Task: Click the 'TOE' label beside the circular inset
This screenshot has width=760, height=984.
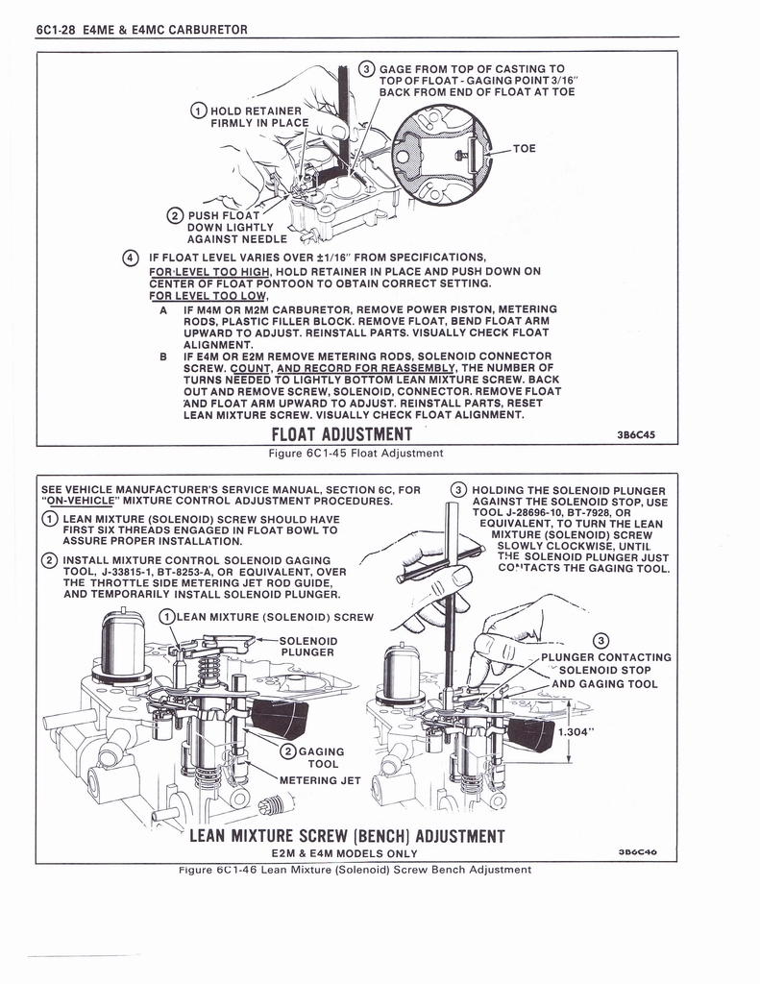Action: [525, 150]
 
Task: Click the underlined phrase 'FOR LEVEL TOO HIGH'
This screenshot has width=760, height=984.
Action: [208, 271]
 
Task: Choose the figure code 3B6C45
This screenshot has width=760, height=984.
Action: [635, 435]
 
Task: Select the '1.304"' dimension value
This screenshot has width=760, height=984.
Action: [577, 730]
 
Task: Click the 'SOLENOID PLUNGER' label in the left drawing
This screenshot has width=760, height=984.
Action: [307, 646]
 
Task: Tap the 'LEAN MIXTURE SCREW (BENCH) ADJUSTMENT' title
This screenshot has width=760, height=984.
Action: [346, 834]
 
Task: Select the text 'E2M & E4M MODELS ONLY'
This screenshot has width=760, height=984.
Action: [345, 853]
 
